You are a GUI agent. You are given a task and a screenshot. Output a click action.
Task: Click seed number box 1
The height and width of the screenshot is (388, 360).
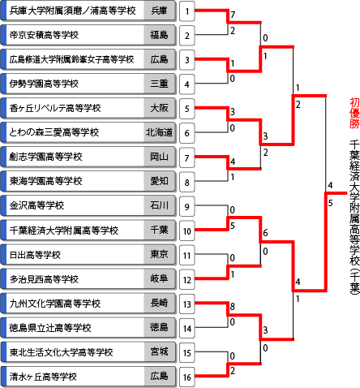187,11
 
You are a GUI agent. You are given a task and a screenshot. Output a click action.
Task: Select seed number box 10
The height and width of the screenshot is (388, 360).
187,231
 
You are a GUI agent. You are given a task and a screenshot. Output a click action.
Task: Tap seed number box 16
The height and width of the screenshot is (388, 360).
187,377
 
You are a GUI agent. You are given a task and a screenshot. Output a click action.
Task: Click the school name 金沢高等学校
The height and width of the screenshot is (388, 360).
36,205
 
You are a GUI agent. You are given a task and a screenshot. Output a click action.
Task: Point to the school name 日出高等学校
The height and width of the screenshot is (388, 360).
35,255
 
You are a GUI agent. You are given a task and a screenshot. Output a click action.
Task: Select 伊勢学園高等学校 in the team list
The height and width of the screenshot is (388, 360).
44,84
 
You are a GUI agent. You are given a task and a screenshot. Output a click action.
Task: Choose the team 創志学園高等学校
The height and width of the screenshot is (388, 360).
45,157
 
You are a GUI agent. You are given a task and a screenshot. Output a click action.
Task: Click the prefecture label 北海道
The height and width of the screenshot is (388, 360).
159,132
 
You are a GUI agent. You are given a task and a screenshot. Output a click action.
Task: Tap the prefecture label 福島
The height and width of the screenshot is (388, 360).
159,35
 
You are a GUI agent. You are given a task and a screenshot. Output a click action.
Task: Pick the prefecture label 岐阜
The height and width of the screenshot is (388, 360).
159,278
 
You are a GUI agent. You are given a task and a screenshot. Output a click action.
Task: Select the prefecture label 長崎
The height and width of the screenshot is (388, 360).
159,303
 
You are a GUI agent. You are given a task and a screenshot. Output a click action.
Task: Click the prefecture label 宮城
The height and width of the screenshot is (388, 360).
159,351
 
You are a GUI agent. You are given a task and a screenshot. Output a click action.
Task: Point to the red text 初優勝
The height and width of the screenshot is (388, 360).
354,113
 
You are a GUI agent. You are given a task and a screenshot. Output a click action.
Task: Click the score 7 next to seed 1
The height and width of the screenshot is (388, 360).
233,15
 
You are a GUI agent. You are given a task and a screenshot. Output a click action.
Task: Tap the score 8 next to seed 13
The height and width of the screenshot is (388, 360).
233,307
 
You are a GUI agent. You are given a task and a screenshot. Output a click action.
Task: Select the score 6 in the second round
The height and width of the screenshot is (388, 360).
265,233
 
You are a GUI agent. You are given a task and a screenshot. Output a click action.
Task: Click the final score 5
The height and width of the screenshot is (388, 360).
330,203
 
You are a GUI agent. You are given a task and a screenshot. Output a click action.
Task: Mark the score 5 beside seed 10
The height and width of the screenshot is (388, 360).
233,226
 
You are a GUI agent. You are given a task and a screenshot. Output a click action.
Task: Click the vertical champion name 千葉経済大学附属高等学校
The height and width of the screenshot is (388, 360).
354,218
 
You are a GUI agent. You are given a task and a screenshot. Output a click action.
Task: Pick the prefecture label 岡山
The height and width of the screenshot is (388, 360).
159,157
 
